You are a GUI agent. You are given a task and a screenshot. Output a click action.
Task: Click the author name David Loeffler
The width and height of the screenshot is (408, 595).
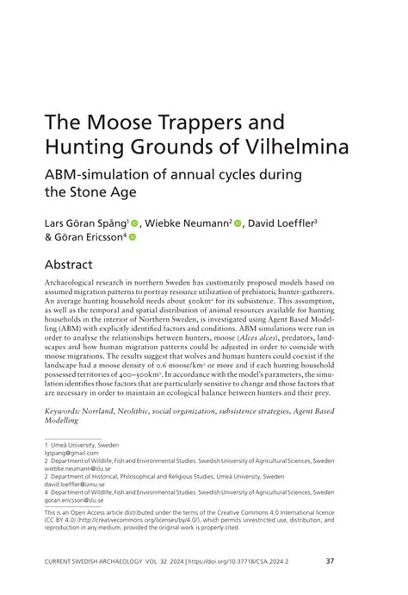click(x=281, y=225)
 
